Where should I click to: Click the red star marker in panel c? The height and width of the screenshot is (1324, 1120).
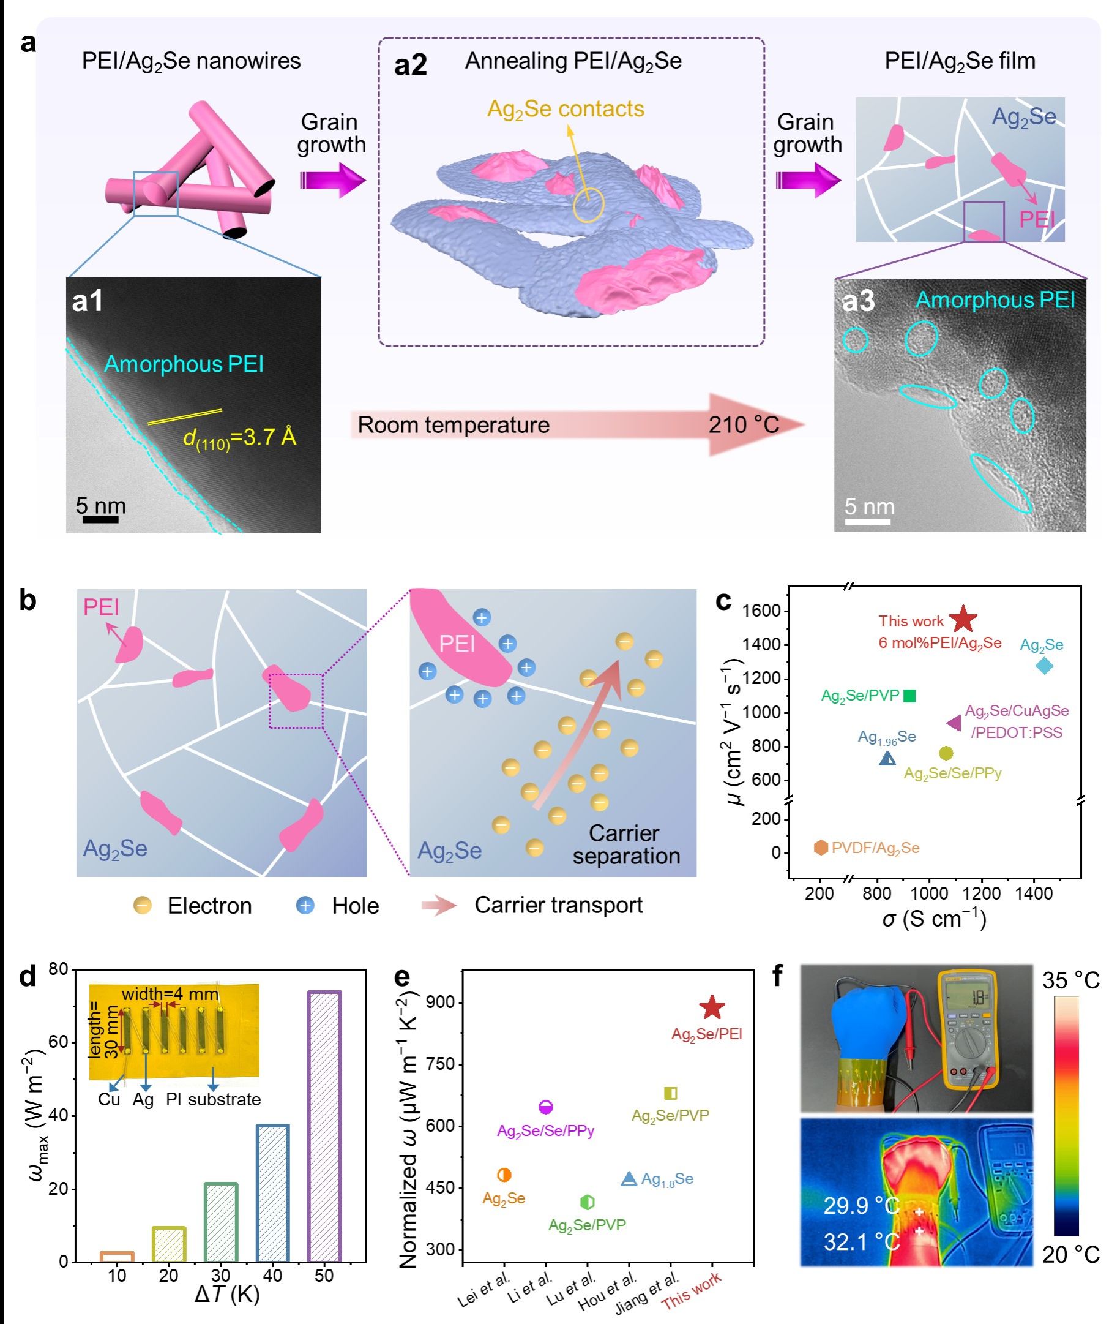(x=963, y=619)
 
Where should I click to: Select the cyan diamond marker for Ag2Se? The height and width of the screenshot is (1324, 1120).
(x=1044, y=666)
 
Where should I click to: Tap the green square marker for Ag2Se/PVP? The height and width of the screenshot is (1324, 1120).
(x=909, y=696)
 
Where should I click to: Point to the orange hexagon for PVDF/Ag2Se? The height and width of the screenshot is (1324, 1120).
(x=821, y=848)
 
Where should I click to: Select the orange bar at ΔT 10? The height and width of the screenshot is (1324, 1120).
(x=117, y=1256)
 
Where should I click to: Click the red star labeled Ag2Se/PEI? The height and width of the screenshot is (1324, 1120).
(x=712, y=1007)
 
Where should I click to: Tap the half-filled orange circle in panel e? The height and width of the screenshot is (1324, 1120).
(x=504, y=1175)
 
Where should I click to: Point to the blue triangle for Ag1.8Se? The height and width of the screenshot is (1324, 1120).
(x=629, y=1178)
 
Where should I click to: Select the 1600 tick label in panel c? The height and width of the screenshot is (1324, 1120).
(x=762, y=611)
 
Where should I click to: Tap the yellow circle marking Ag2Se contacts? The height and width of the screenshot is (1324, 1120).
(x=588, y=205)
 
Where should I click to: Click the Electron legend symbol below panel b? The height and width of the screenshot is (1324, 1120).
(x=143, y=905)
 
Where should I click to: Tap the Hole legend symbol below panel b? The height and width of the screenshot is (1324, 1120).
(x=306, y=905)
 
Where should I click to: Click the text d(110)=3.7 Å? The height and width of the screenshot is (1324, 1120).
(x=240, y=438)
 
